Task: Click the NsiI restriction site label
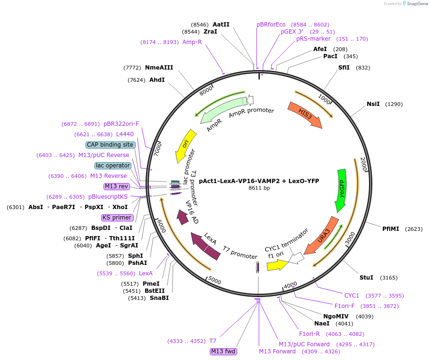[x=373, y=104]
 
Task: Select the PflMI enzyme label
[x=391, y=228]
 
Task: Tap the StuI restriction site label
[x=366, y=277]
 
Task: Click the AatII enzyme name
[x=221, y=24]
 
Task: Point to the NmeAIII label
[x=159, y=68]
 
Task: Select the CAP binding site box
[x=110, y=145]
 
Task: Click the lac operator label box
[x=112, y=166]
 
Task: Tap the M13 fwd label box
[x=224, y=351]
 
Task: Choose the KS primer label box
[x=117, y=218]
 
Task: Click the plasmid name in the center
[x=259, y=181]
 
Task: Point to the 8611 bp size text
[x=259, y=188]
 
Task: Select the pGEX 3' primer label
[x=292, y=32]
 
